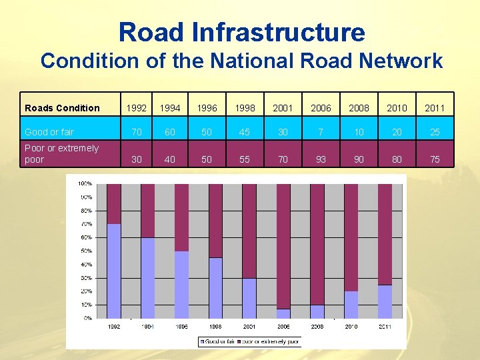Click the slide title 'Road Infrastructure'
pos(241,32)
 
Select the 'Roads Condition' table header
pos(62,108)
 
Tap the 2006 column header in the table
pos(321,108)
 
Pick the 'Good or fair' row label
pos(49,132)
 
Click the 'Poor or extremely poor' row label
pos(61,154)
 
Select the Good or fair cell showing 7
pos(321,132)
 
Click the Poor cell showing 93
pos(321,160)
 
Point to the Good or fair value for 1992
pos(136,132)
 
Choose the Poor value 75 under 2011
pos(435,160)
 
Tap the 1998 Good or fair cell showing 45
pos(245,132)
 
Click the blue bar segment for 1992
pos(114,271)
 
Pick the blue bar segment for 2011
pos(385,301)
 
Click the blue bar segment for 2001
pos(249,298)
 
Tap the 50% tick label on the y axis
pos(86,251)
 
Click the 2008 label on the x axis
pos(317,327)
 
